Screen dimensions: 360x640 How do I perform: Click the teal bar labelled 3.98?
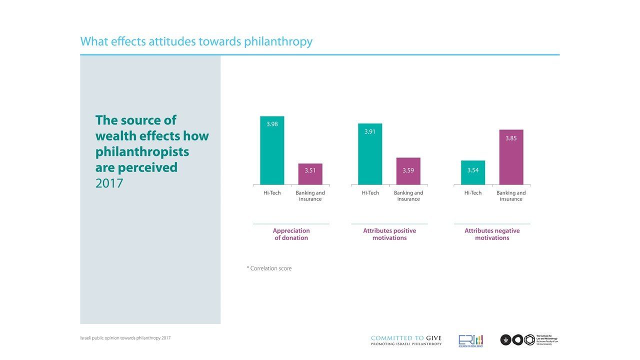(x=272, y=150)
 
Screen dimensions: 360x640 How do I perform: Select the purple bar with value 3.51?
(x=310, y=174)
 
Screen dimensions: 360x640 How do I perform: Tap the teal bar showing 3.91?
(x=370, y=154)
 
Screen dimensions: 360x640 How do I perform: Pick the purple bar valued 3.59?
(x=408, y=171)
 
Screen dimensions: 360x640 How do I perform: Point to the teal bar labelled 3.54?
(x=473, y=172)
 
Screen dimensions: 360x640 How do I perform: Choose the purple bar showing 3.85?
(x=511, y=157)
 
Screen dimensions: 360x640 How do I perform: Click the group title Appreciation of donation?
(x=291, y=234)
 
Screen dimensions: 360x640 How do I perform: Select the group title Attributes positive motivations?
(x=389, y=234)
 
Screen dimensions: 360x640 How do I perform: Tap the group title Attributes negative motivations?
(x=492, y=234)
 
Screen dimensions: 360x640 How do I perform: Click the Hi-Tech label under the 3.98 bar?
(x=272, y=193)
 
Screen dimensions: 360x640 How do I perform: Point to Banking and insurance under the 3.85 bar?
(x=511, y=196)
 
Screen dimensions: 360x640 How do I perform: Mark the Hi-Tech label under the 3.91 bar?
(x=370, y=193)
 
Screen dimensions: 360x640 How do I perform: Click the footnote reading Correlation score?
(x=270, y=268)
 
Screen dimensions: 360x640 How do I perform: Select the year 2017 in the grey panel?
(x=109, y=183)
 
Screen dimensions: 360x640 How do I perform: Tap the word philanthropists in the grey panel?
(x=142, y=151)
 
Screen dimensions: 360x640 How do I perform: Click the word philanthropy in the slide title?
(x=278, y=41)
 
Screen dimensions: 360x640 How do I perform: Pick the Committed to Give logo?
(x=406, y=340)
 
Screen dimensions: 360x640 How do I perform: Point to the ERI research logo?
(x=470, y=340)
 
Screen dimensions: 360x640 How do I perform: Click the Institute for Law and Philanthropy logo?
(x=528, y=340)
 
